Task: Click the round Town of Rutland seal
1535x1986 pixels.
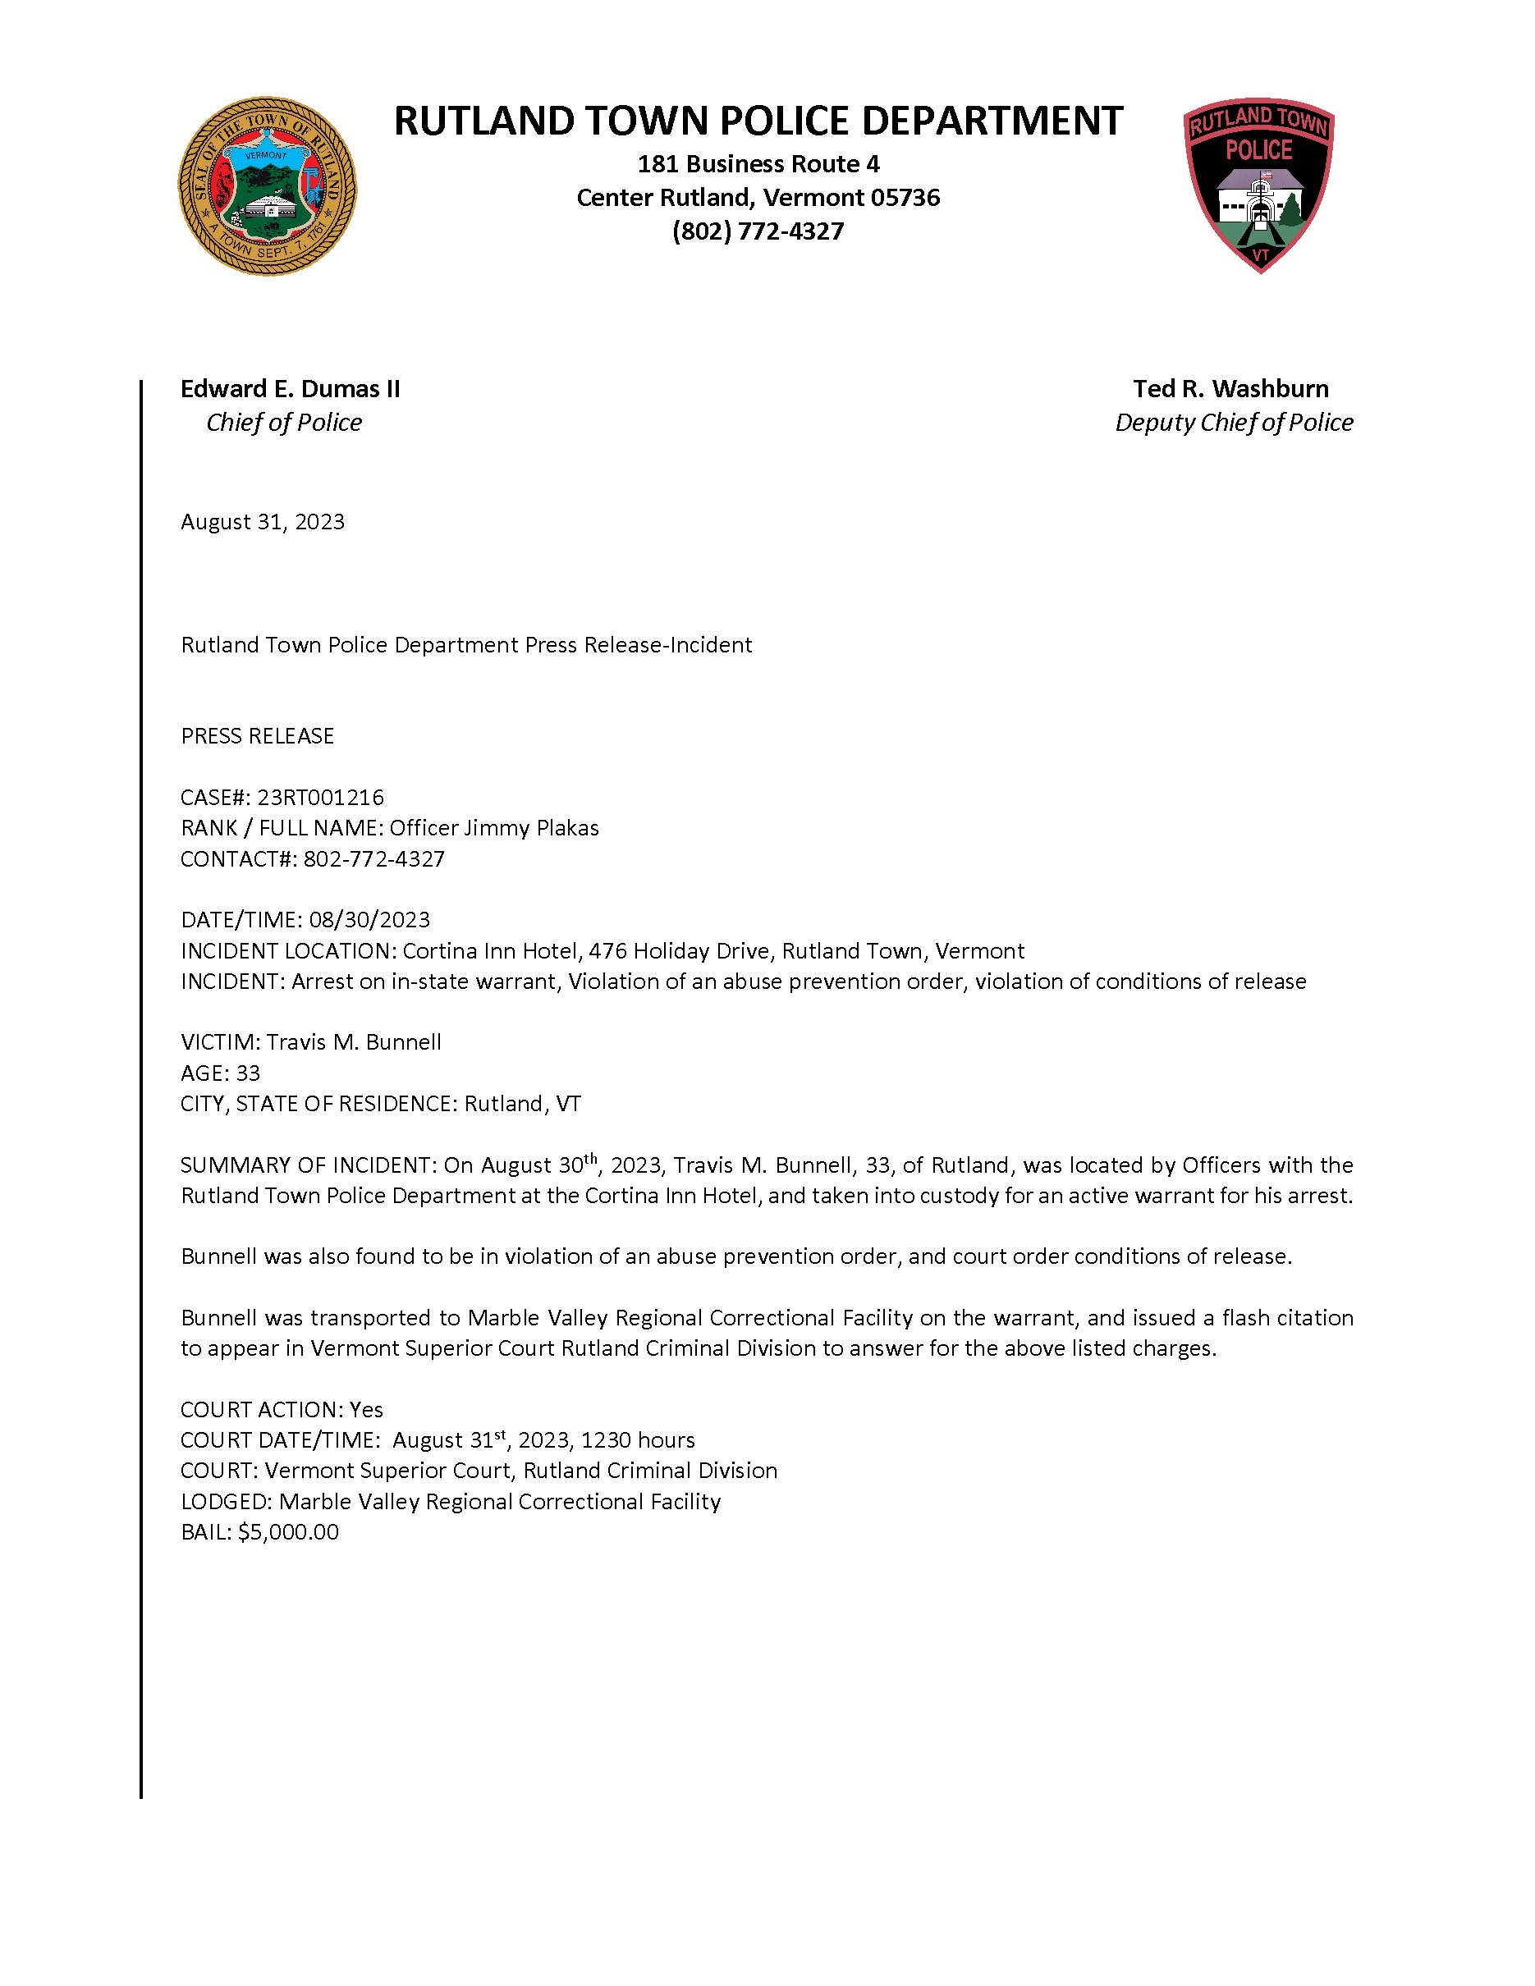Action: click(268, 186)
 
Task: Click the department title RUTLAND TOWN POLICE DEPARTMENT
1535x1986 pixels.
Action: click(758, 121)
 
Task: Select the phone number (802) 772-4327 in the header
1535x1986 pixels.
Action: click(758, 231)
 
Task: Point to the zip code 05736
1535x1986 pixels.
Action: click(905, 197)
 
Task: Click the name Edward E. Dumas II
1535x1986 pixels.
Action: click(290, 388)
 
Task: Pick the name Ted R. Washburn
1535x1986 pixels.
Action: click(1230, 388)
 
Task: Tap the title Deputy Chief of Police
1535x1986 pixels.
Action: click(1234, 422)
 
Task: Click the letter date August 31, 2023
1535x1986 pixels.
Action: click(263, 521)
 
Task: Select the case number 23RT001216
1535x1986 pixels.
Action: click(320, 798)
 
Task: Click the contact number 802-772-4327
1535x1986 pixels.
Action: click(373, 858)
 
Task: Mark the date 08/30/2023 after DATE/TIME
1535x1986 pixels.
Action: click(369, 919)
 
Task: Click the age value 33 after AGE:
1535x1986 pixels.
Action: click(248, 1073)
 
